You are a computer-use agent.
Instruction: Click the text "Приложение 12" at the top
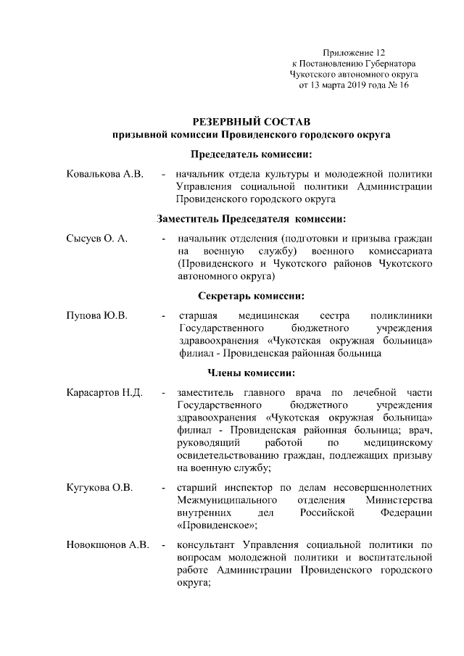coord(355,53)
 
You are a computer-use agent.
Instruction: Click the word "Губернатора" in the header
coord(386,64)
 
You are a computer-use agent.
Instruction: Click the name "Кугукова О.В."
coord(99,487)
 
